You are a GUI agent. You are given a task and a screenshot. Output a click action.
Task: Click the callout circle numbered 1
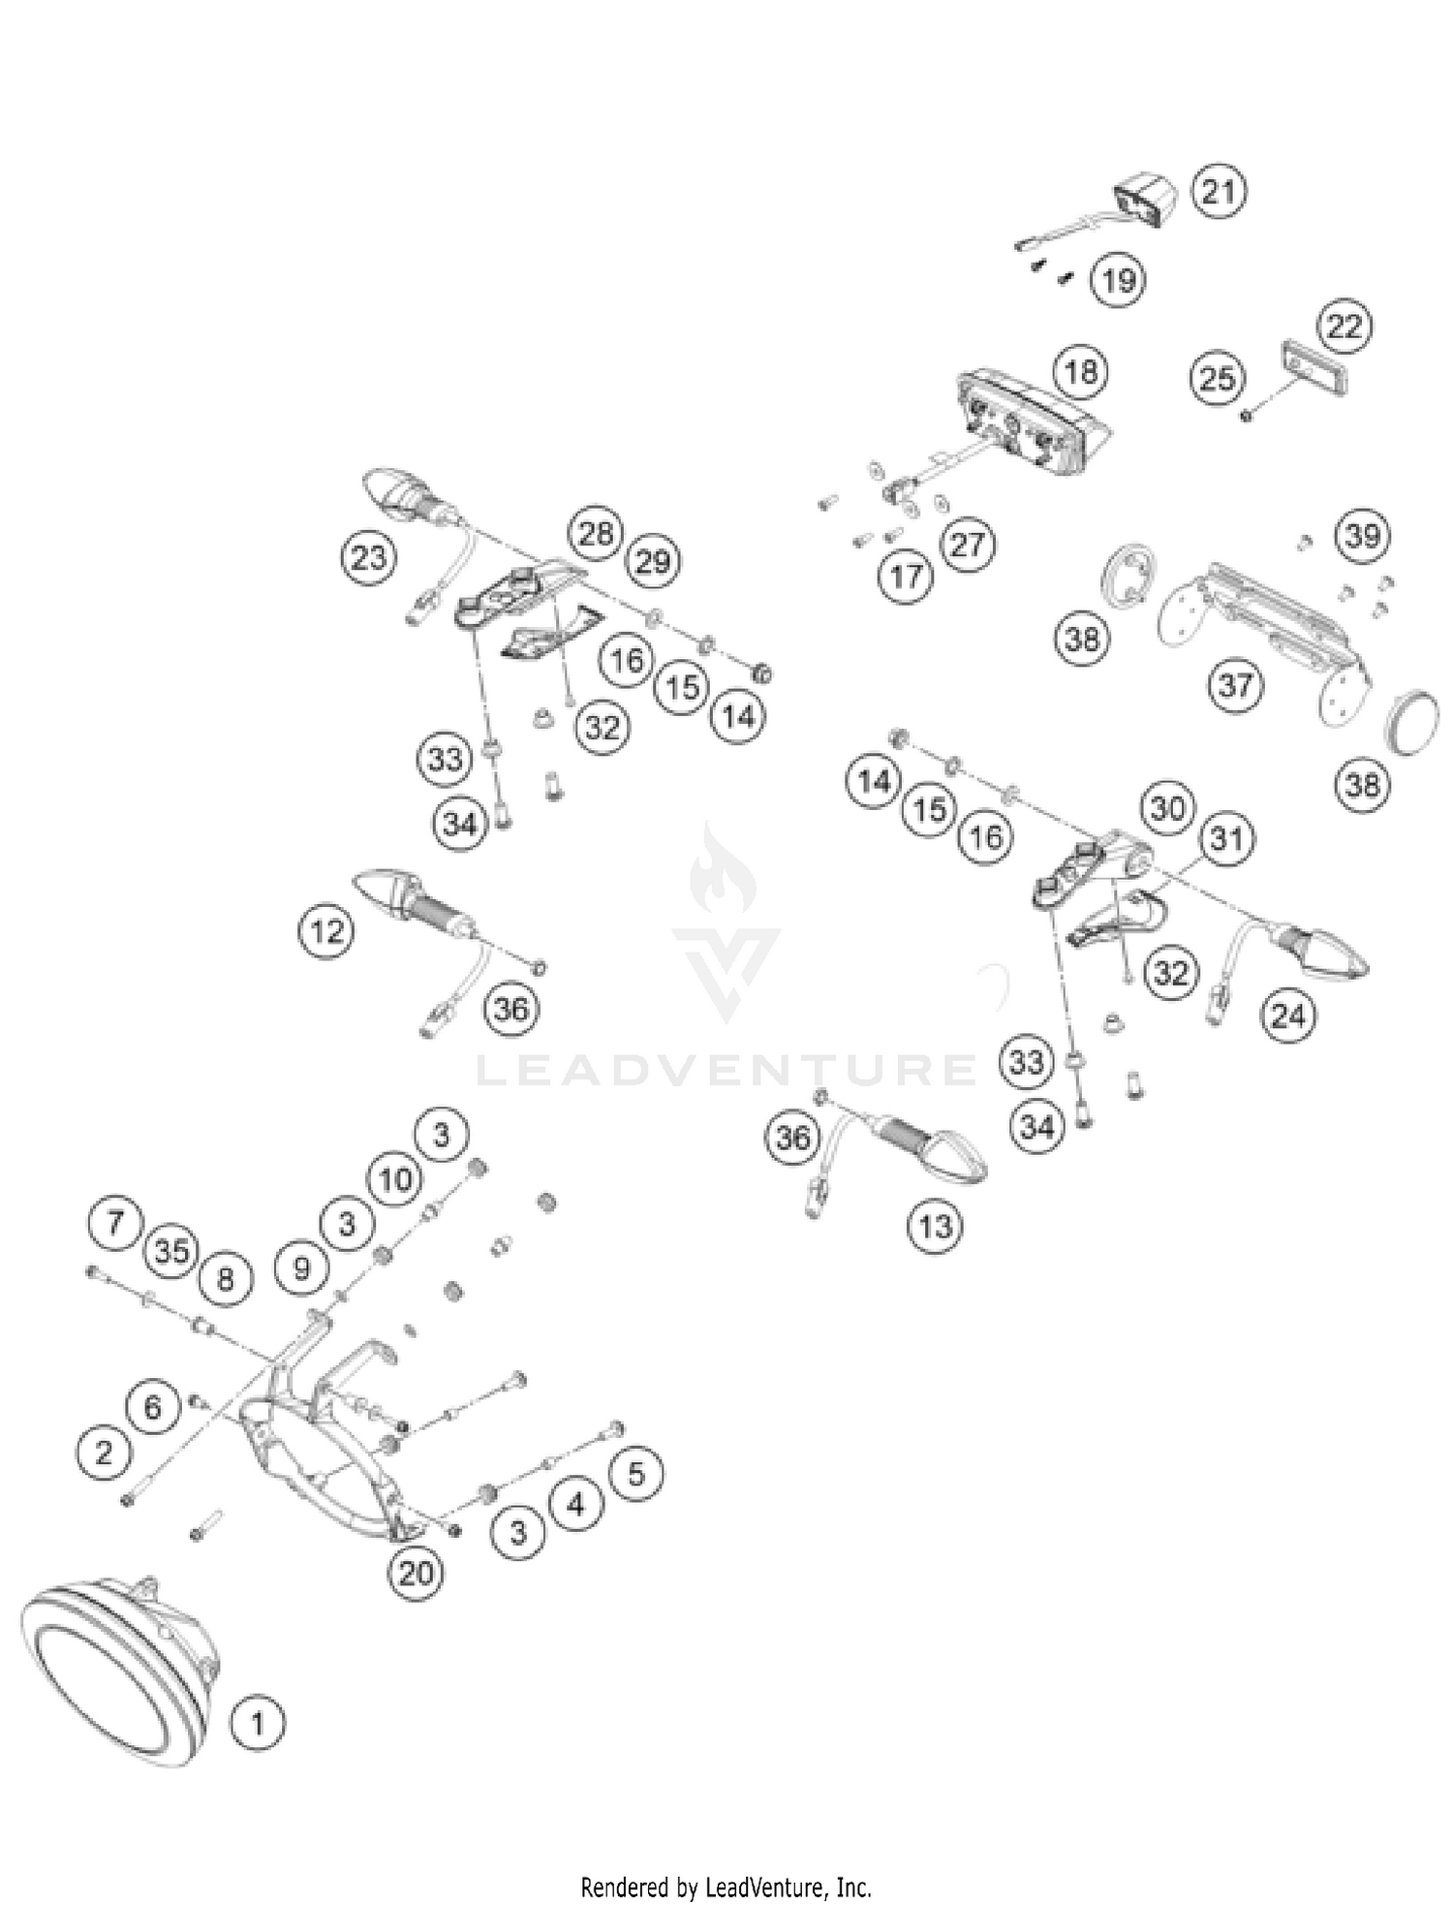[258, 1723]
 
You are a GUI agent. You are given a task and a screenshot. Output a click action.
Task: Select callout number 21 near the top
[1220, 192]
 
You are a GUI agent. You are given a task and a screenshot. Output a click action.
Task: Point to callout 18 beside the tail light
[1081, 371]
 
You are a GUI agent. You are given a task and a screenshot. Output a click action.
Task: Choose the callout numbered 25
[1218, 377]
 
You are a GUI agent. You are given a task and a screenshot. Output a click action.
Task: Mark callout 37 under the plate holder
[1235, 685]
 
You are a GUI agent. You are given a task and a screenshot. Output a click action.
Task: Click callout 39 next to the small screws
[1363, 535]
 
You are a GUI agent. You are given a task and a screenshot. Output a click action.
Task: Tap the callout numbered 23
[369, 558]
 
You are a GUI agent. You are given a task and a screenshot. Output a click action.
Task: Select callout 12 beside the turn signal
[326, 931]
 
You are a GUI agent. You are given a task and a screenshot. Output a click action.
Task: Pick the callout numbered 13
[935, 1227]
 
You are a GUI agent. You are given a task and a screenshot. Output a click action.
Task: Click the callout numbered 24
[1288, 1016]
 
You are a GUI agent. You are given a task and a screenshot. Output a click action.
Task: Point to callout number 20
[416, 1572]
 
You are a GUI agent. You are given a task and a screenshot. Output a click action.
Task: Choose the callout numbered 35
[170, 1251]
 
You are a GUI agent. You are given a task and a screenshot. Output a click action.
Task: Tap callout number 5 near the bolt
[635, 1474]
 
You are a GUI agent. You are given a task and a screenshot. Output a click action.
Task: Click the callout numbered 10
[395, 1179]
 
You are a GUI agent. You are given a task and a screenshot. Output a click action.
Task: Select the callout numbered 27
[968, 545]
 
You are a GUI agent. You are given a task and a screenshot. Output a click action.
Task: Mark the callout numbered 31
[1226, 838]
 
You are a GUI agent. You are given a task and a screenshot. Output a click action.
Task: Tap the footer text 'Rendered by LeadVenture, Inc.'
[726, 1887]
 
